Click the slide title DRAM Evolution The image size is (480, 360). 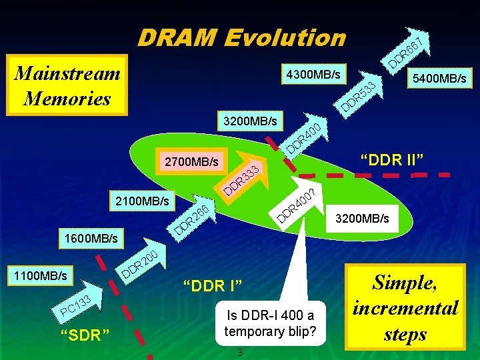241,37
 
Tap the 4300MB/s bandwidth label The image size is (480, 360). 311,73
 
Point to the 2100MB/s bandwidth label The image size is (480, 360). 141,199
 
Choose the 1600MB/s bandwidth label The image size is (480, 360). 91,237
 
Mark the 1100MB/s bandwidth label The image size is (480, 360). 38,274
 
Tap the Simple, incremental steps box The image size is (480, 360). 405,307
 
